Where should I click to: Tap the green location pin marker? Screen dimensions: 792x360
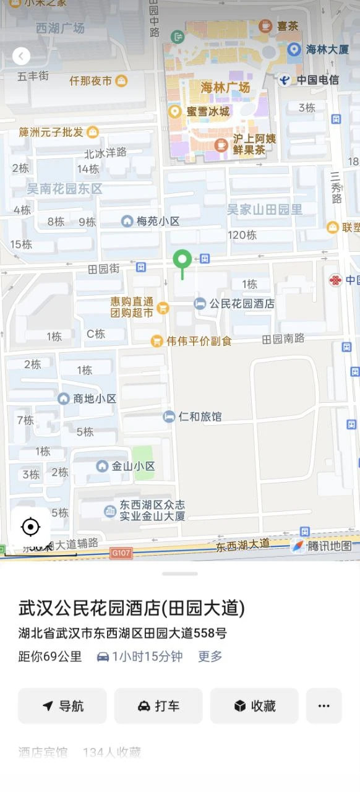tap(182, 260)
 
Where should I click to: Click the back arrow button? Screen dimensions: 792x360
tap(21, 56)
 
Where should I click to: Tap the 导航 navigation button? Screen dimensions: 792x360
tap(62, 706)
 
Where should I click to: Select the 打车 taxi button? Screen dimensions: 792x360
tap(158, 706)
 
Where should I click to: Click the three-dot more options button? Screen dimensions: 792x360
tap(324, 706)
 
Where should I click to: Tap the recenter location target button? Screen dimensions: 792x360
tap(30, 527)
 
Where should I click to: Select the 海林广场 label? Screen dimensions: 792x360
tap(225, 87)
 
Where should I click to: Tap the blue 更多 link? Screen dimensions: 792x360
tap(210, 656)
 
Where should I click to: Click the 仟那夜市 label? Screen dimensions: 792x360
tap(90, 80)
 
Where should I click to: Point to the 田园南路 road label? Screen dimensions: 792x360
tap(283, 339)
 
